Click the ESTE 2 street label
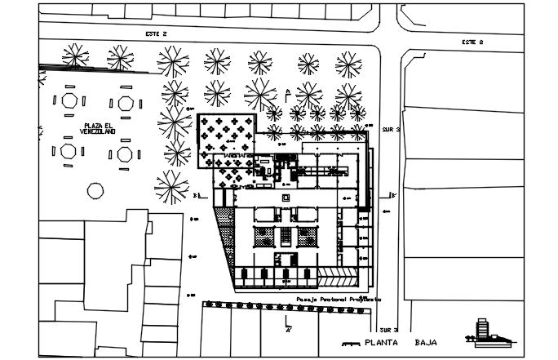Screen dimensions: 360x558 [155, 33]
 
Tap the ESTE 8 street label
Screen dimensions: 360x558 [472, 41]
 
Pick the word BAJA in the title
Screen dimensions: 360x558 [427, 343]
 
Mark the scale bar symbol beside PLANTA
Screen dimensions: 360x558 [352, 344]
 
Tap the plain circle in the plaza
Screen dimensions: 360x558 [95, 191]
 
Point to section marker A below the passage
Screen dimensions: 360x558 [286, 327]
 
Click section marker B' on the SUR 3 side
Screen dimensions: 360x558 [392, 194]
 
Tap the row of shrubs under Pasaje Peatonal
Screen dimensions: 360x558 [286, 304]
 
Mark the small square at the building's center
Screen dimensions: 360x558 [286, 198]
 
